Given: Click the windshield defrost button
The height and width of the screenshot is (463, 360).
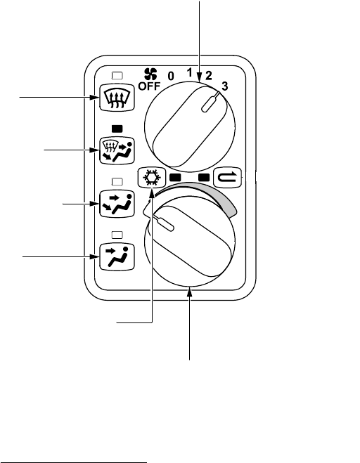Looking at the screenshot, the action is (117, 98).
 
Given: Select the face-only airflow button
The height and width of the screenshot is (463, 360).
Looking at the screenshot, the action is (117, 256).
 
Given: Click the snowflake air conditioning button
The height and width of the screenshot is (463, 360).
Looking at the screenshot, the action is (152, 178).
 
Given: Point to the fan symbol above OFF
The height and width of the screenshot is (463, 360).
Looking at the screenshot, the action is (150, 74).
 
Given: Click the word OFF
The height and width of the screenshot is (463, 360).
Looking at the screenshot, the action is (149, 86).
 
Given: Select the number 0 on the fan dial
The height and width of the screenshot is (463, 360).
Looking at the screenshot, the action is (171, 76).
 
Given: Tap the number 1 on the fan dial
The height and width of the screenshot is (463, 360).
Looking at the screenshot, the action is (189, 72).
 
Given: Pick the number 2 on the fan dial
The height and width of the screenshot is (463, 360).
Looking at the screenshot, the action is (209, 76).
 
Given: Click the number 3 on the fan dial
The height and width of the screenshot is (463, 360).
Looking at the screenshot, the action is (225, 86).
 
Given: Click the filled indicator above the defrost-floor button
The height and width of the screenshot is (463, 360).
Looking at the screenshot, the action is (117, 129).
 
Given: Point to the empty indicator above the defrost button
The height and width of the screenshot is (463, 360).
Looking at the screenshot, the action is (117, 76).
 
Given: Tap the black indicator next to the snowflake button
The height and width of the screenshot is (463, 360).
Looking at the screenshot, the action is (175, 178).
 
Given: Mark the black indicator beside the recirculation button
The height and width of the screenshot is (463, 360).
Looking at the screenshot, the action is (204, 178).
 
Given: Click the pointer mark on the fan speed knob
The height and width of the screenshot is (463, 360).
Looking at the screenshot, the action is (210, 102).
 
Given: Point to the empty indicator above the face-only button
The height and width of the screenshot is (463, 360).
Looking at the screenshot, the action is (117, 235).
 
